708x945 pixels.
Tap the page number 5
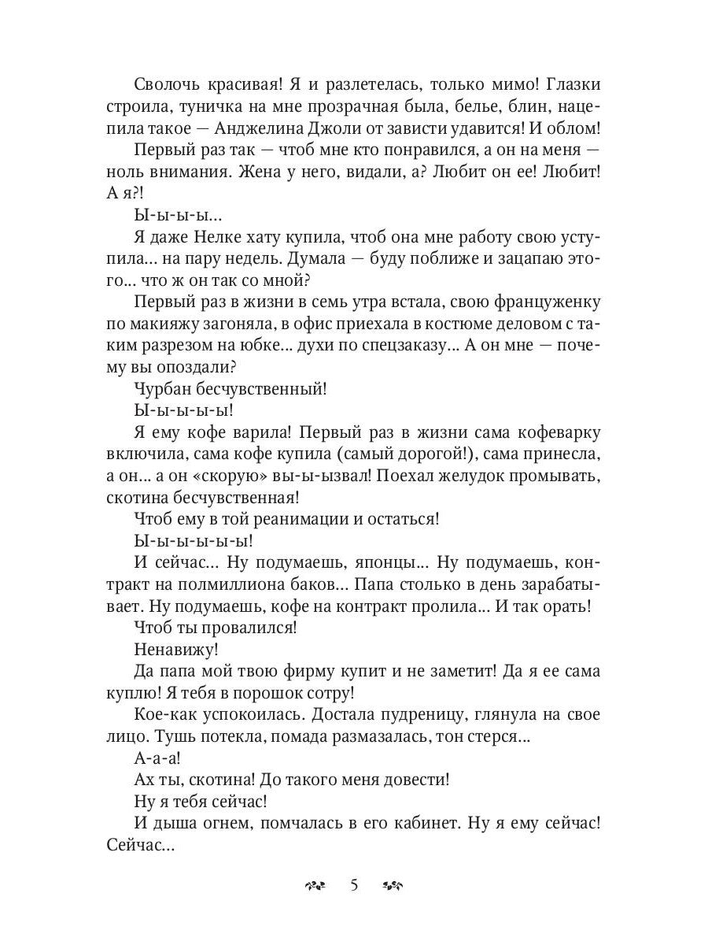(x=354, y=886)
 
